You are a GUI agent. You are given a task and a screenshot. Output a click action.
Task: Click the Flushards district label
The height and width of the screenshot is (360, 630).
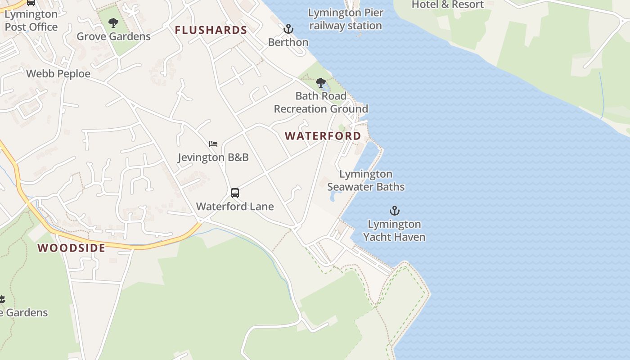coord(211,30)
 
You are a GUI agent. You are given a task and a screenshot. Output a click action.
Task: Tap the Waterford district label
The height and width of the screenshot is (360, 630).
coord(323,136)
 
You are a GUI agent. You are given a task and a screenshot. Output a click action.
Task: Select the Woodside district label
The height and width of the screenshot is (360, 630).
coord(72,248)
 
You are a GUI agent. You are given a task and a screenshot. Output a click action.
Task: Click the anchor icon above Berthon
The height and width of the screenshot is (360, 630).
coord(288,29)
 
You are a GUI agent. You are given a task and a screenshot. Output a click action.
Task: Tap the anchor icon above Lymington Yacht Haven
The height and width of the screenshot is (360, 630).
coord(394,211)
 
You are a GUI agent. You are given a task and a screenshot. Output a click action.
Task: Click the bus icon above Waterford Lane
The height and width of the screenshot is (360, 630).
coord(235,193)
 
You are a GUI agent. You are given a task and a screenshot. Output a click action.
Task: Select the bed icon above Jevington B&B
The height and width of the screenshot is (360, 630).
coord(213,144)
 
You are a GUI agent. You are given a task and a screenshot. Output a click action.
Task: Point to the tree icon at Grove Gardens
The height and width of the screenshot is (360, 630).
coord(113,22)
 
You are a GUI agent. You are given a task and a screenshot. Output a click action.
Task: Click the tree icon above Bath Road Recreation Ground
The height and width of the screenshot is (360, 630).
coord(321,83)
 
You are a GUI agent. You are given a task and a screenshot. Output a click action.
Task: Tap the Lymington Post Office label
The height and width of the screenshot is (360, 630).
coord(31,21)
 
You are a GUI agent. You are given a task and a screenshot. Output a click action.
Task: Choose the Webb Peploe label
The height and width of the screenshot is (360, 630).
coord(58,74)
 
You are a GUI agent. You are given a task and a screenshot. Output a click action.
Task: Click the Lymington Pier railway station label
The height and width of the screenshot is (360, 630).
coord(346,19)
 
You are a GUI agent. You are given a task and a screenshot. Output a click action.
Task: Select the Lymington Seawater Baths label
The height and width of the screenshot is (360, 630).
coord(366,180)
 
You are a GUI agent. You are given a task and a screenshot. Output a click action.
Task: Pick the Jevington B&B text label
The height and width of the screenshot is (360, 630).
coord(213,157)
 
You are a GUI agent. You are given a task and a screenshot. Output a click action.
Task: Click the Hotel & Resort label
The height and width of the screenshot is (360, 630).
coord(448,4)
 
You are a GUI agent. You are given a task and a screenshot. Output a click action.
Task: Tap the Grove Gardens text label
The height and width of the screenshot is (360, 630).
coord(113,36)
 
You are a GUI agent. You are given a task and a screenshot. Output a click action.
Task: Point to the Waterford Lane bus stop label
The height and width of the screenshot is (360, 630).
coord(235,207)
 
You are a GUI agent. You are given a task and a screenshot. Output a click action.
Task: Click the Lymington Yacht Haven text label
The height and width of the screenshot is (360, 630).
coord(394,230)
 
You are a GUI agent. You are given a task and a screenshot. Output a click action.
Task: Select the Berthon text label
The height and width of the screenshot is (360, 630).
coord(288,42)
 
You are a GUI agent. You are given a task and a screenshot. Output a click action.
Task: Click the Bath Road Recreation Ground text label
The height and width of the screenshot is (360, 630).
coord(321,103)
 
